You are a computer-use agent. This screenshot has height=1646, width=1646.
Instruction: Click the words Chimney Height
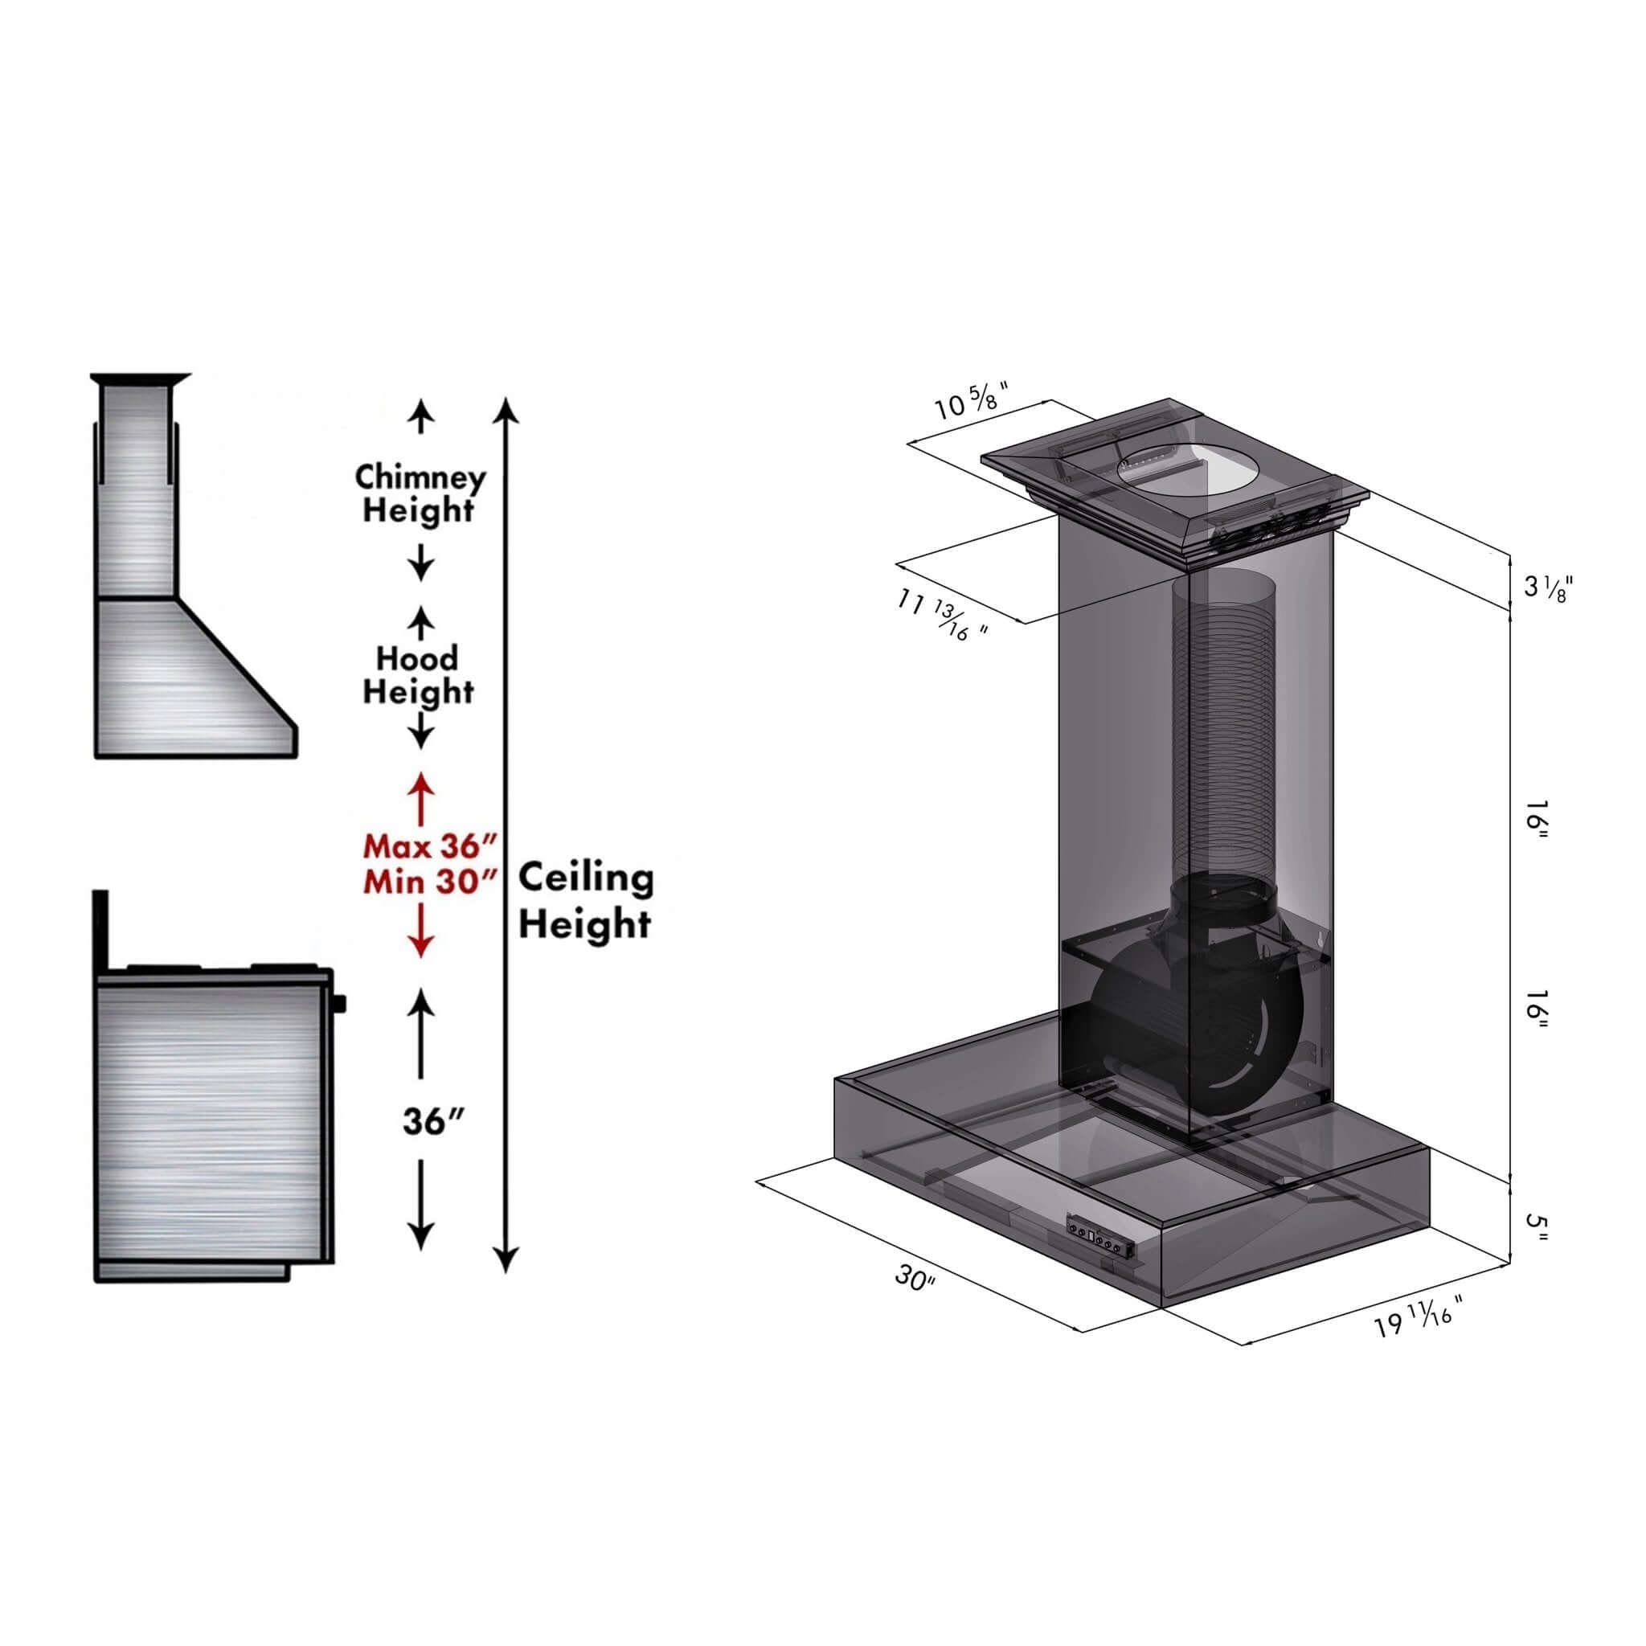[420, 494]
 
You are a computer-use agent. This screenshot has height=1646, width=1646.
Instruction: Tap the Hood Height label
[417, 675]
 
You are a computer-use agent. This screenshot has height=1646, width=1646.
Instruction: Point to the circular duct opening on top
[1173, 477]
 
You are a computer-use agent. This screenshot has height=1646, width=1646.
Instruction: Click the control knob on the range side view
[342, 1004]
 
